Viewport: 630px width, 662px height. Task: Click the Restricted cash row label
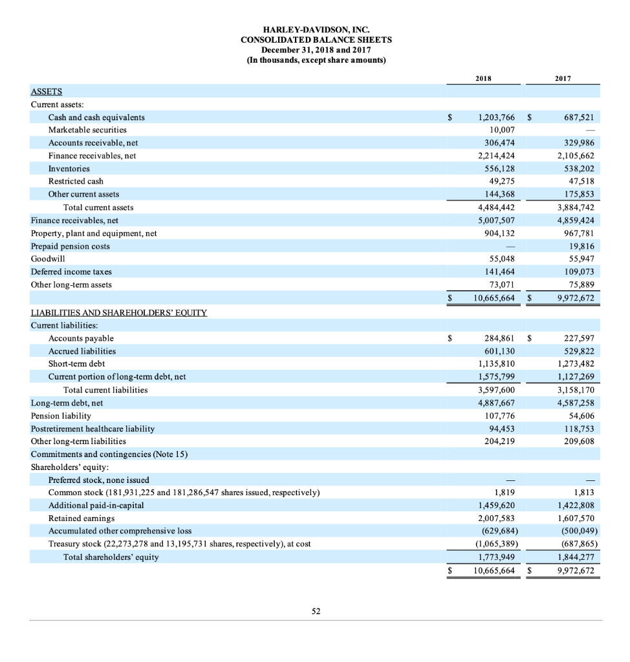(76, 181)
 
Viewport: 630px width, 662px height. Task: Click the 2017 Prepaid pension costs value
(585, 246)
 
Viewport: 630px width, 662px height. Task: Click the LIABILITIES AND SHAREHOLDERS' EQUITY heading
(119, 313)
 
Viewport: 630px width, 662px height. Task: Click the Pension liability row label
(61, 415)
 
